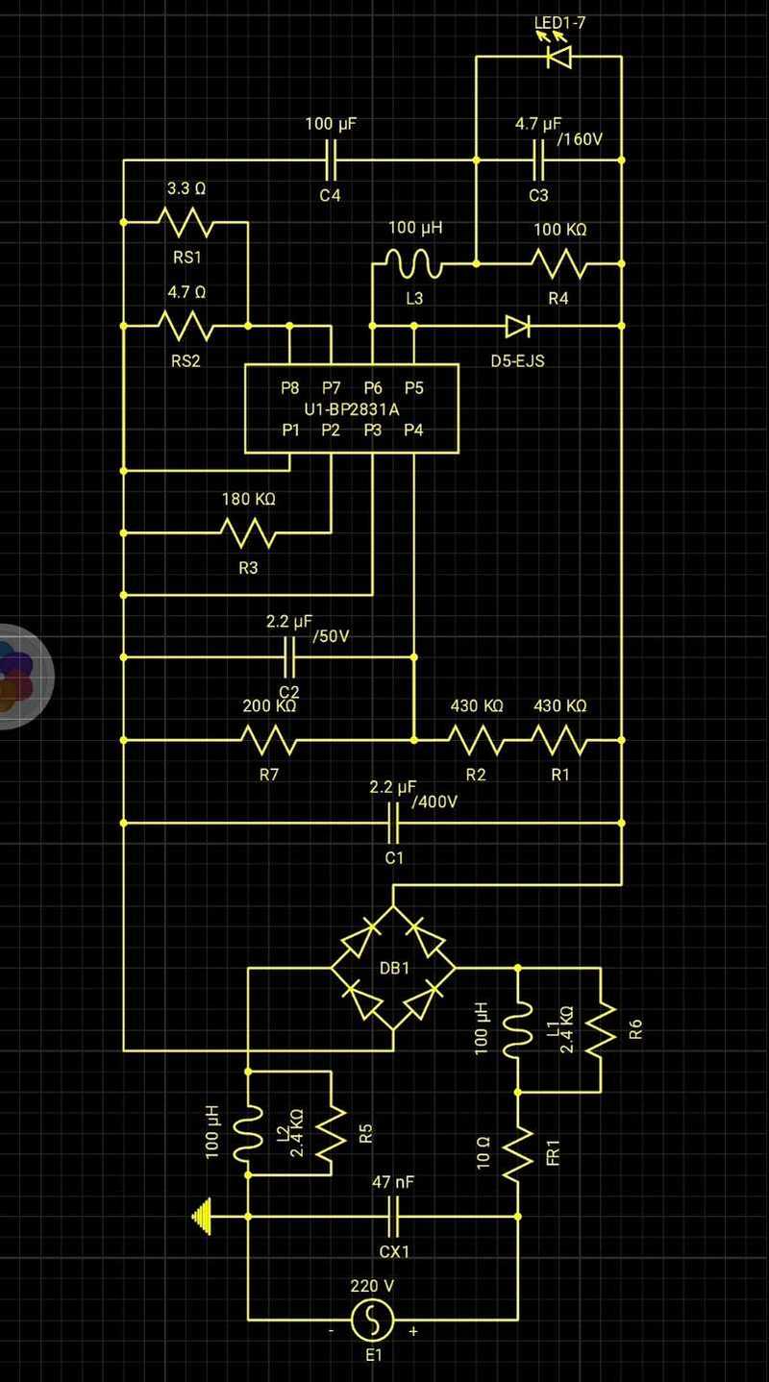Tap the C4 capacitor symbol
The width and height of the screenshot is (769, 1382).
(331, 160)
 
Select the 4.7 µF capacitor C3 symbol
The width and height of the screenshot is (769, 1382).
(538, 160)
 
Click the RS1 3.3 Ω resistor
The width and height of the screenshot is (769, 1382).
(186, 223)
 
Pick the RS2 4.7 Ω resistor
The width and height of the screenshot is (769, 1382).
(186, 326)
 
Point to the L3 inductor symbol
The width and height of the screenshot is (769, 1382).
(413, 261)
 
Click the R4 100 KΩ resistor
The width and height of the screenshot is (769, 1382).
(558, 262)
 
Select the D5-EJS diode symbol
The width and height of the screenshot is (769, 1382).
(517, 326)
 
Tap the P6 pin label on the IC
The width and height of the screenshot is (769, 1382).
(373, 388)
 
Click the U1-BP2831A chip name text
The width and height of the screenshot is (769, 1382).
(351, 409)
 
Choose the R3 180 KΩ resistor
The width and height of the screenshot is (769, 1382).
(248, 531)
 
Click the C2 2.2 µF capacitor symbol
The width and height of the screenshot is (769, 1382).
(289, 657)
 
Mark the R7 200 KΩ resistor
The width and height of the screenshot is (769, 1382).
(268, 740)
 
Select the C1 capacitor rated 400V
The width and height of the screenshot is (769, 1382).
(393, 823)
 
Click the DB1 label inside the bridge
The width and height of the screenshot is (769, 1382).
(394, 968)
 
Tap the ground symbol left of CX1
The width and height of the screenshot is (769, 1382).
(202, 1217)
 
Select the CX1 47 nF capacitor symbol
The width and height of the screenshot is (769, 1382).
(393, 1217)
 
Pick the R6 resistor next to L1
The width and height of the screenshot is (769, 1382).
(601, 1028)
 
